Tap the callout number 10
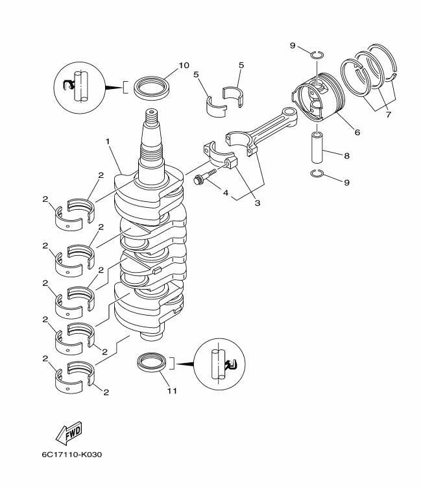pos(184,65)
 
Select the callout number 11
pos(171,391)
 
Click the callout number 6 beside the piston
pos(357,132)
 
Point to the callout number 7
pos(389,115)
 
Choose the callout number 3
pos(257,203)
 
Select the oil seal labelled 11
pos(154,363)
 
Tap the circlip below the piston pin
pos(317,173)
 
